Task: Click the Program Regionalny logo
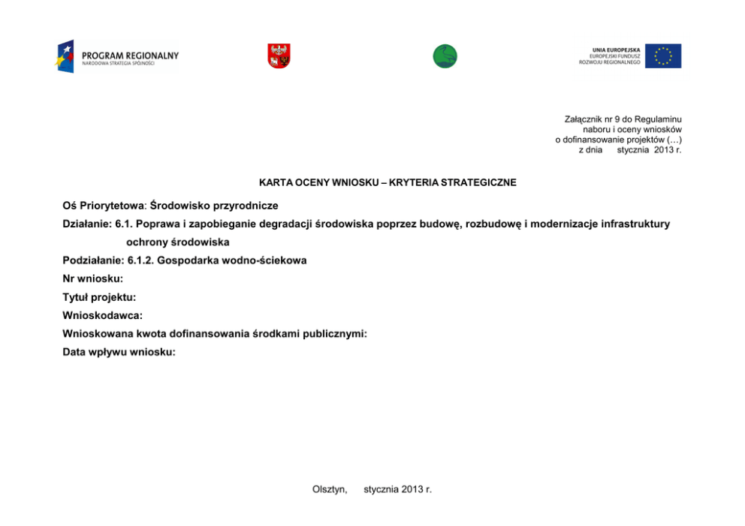coord(117,56)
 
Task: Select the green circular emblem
coord(445,56)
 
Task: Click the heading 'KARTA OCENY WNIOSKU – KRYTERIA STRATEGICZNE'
coord(388,182)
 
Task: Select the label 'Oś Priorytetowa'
coord(104,205)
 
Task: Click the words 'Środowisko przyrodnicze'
coord(215,205)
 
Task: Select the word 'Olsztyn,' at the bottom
coord(330,489)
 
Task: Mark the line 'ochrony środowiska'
coord(178,242)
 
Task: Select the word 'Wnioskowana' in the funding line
coord(94,334)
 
